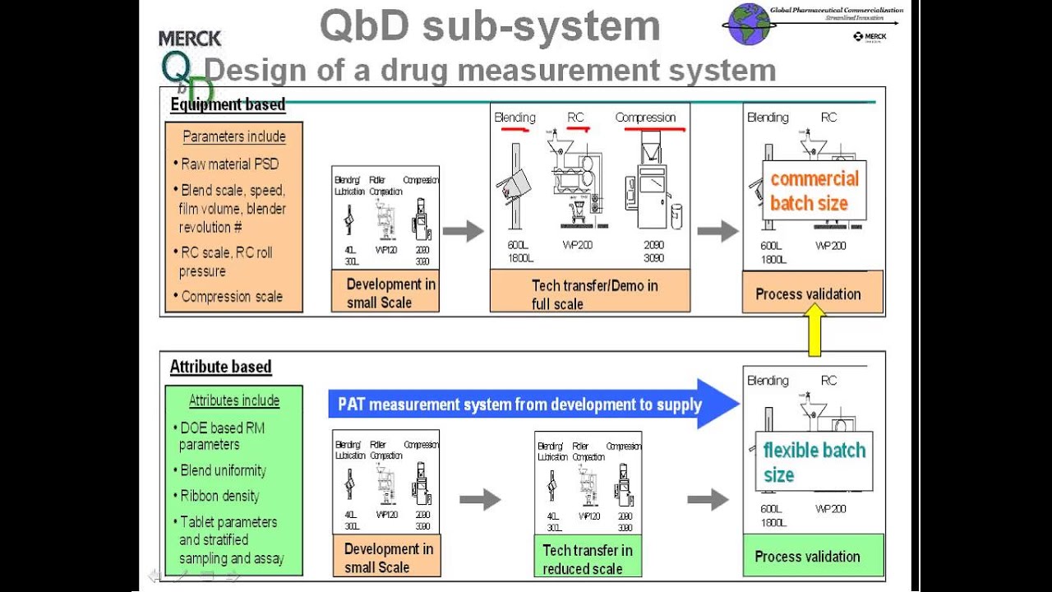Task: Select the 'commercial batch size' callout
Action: [814, 191]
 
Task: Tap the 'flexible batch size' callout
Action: [814, 462]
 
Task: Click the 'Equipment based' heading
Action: [228, 104]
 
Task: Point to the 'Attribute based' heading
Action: [220, 367]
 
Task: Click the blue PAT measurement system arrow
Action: [534, 404]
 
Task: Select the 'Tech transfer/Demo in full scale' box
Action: [589, 294]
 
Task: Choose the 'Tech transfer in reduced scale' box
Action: [588, 558]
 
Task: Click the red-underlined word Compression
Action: [645, 118]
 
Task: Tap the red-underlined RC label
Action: [575, 118]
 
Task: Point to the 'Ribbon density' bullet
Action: [219, 496]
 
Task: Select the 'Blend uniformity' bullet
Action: [224, 470]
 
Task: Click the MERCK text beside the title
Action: [190, 39]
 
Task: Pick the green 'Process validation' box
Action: [812, 556]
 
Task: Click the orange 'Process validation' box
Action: [812, 294]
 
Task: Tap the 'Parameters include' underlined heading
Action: [234, 136]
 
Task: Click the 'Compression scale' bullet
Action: [232, 297]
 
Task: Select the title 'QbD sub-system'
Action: [490, 25]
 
